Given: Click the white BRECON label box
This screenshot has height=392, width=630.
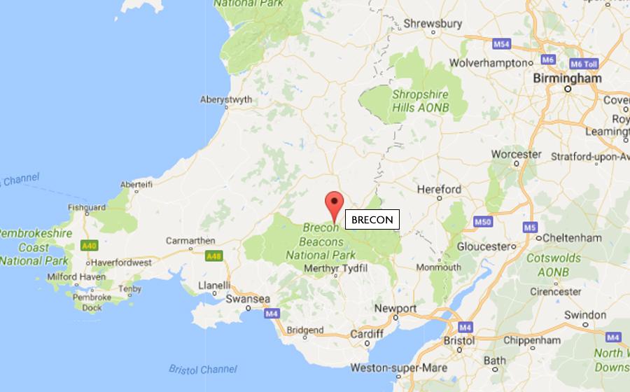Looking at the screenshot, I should (372, 220).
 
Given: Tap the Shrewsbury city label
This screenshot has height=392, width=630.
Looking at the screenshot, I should (433, 23).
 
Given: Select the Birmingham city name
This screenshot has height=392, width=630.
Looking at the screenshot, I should (567, 78).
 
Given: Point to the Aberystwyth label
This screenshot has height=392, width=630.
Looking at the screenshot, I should (226, 99).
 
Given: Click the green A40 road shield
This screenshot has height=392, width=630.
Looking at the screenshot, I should (88, 246).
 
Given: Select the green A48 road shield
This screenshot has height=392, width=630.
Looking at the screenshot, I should (213, 257).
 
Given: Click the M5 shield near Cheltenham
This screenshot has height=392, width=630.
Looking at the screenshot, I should (529, 227).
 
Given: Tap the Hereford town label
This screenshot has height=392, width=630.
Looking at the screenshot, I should (439, 189).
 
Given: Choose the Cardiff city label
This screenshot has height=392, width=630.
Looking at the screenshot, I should (367, 334).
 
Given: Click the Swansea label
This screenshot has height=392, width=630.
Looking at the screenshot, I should (248, 299).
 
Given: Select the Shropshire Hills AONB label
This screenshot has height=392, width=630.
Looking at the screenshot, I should (420, 101).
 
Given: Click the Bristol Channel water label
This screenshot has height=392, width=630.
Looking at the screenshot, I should (203, 369).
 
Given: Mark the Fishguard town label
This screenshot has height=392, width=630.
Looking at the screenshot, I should (87, 207).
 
